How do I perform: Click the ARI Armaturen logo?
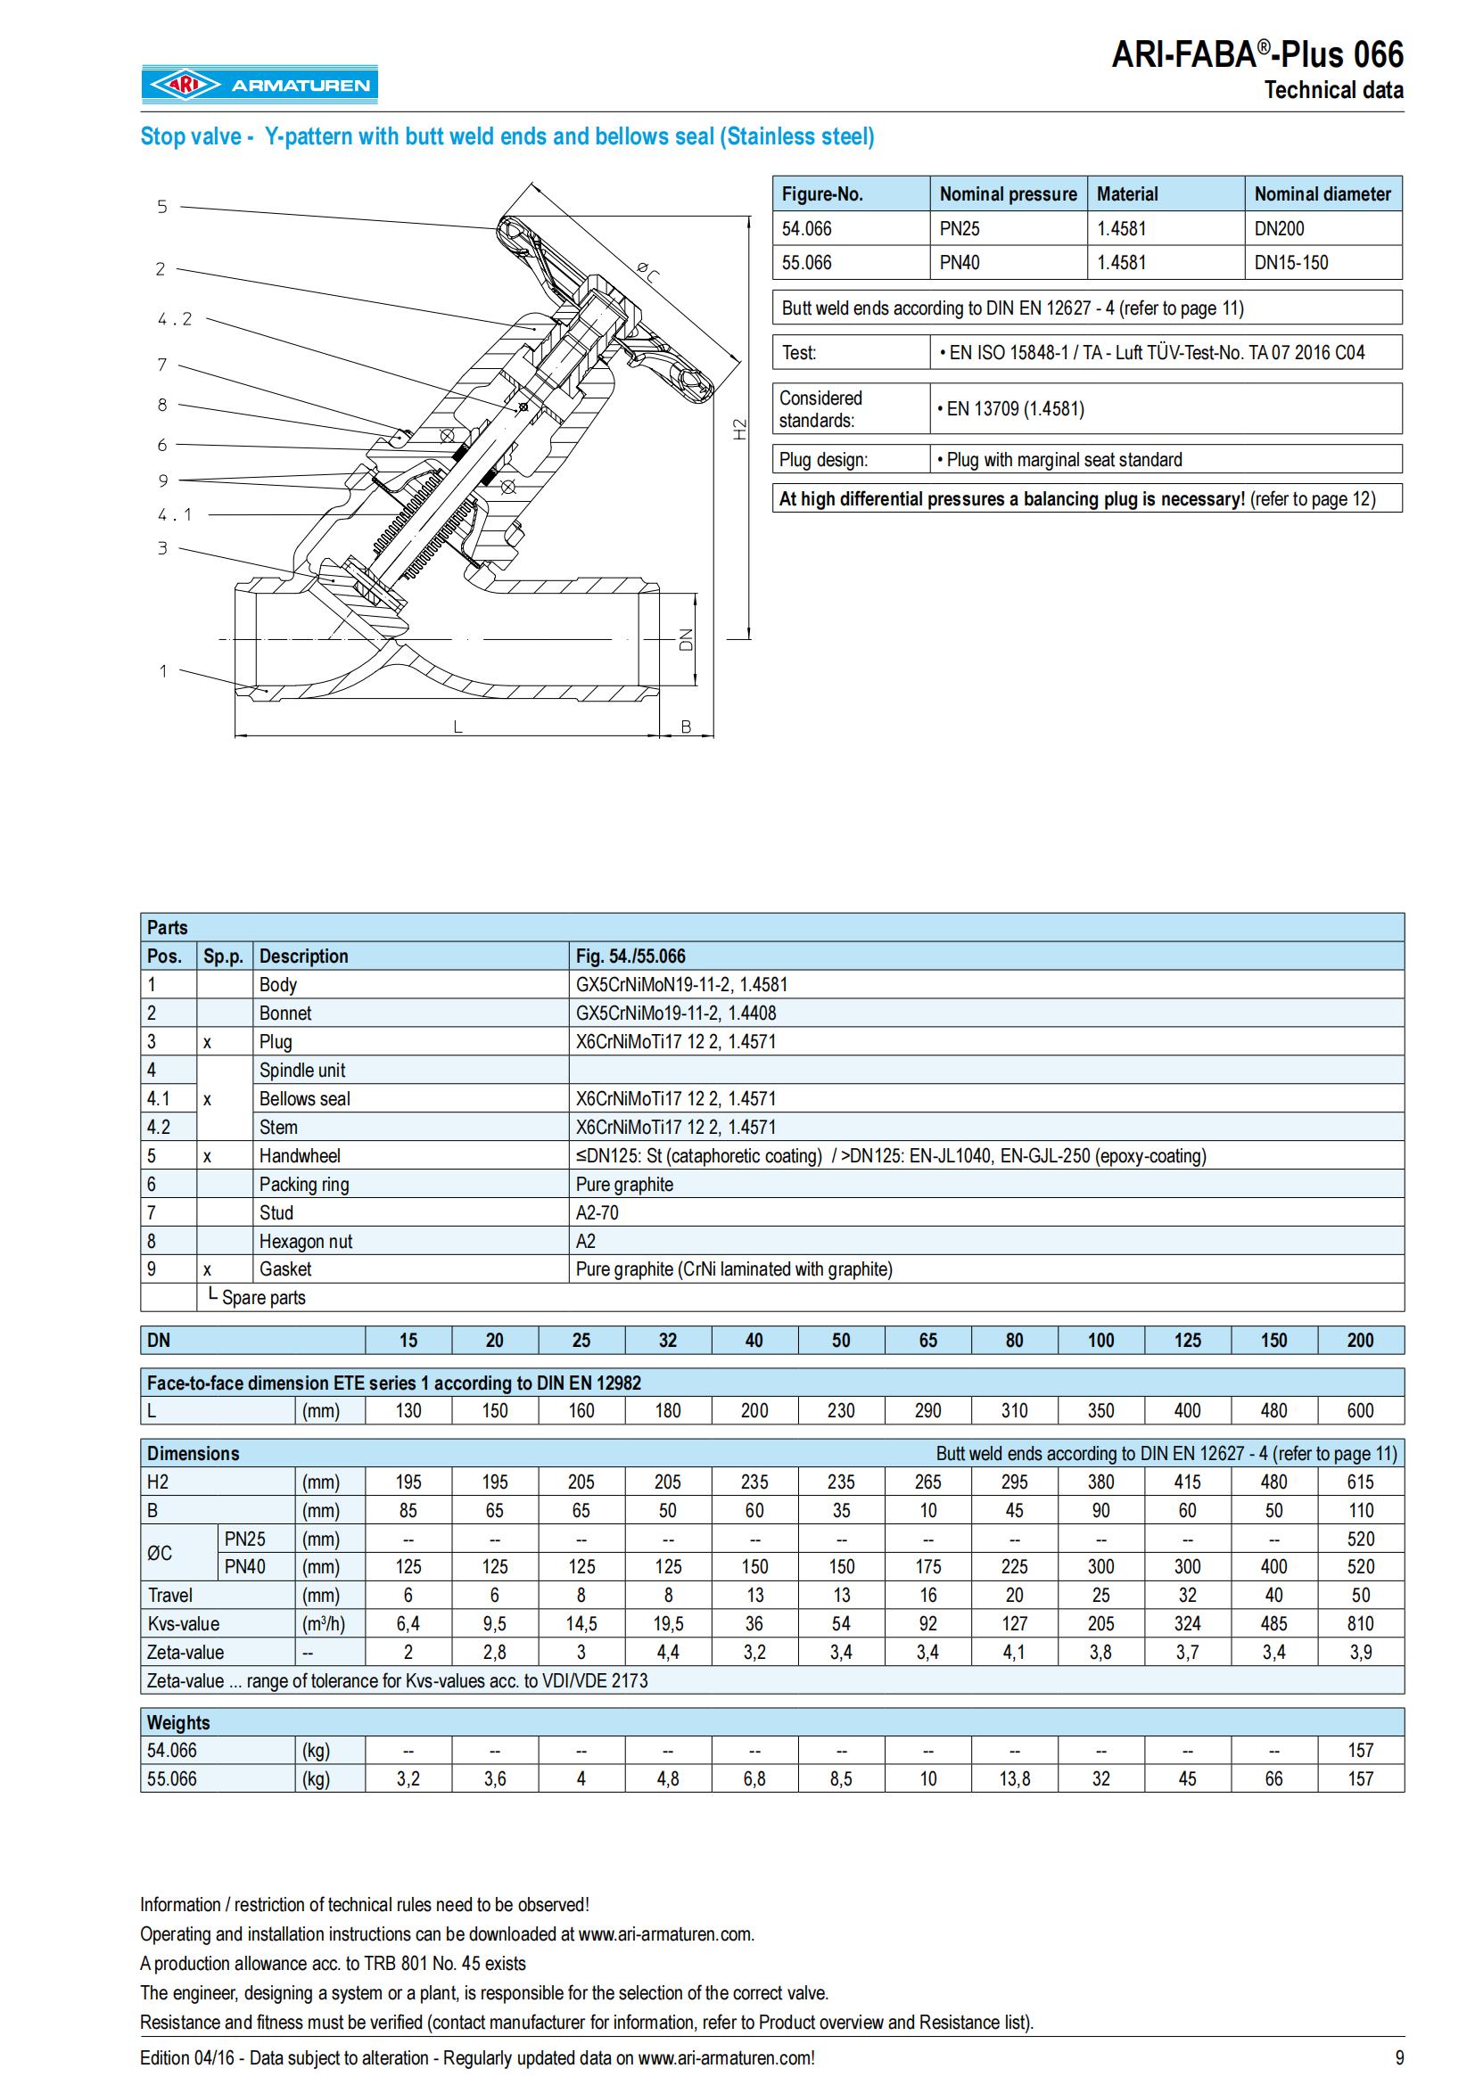click(x=259, y=86)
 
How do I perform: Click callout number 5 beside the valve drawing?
click(x=162, y=207)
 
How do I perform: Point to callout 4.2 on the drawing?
click(x=175, y=319)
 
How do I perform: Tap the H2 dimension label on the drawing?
click(x=739, y=429)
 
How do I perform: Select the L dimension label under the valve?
click(x=457, y=727)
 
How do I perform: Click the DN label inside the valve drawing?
click(x=686, y=639)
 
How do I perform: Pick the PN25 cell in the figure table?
click(x=960, y=229)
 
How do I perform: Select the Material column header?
click(x=1127, y=194)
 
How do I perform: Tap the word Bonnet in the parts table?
click(x=285, y=1014)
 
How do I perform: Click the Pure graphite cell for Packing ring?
click(x=624, y=1184)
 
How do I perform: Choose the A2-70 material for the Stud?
click(x=597, y=1213)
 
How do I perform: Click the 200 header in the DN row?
click(x=1360, y=1341)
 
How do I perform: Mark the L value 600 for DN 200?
click(x=1360, y=1411)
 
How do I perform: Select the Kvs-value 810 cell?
click(x=1360, y=1623)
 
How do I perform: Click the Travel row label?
click(x=169, y=1596)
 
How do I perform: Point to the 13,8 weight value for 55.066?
click(x=1014, y=1779)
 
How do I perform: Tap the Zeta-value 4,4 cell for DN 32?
click(x=668, y=1653)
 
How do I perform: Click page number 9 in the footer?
click(x=1398, y=2057)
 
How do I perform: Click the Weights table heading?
click(x=178, y=1723)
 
